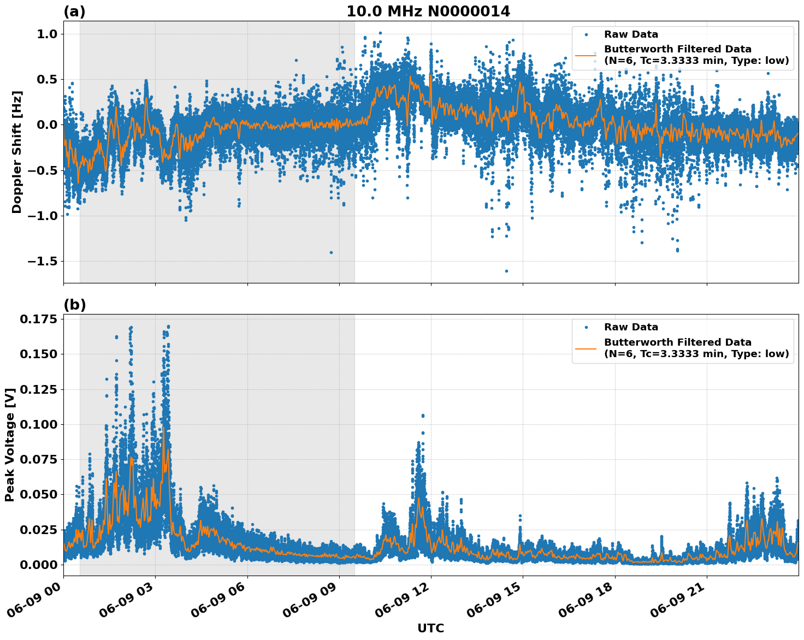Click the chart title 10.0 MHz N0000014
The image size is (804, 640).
(x=428, y=11)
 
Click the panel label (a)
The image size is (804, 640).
(x=74, y=11)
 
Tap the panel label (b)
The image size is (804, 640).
(x=75, y=305)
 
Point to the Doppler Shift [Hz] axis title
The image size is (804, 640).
(x=17, y=152)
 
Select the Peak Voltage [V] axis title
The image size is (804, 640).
(x=9, y=445)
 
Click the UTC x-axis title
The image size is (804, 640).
(x=430, y=629)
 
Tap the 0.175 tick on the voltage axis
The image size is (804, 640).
(x=38, y=319)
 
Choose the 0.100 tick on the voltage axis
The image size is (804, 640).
(x=38, y=424)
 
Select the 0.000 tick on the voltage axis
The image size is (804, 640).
(x=38, y=565)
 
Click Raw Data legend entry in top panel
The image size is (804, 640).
(x=631, y=35)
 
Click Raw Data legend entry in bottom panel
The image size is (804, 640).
(x=631, y=328)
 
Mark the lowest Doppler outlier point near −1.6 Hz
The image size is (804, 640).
(x=506, y=271)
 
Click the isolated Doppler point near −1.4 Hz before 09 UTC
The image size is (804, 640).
(x=331, y=252)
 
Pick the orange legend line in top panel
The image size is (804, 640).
(x=586, y=55)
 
